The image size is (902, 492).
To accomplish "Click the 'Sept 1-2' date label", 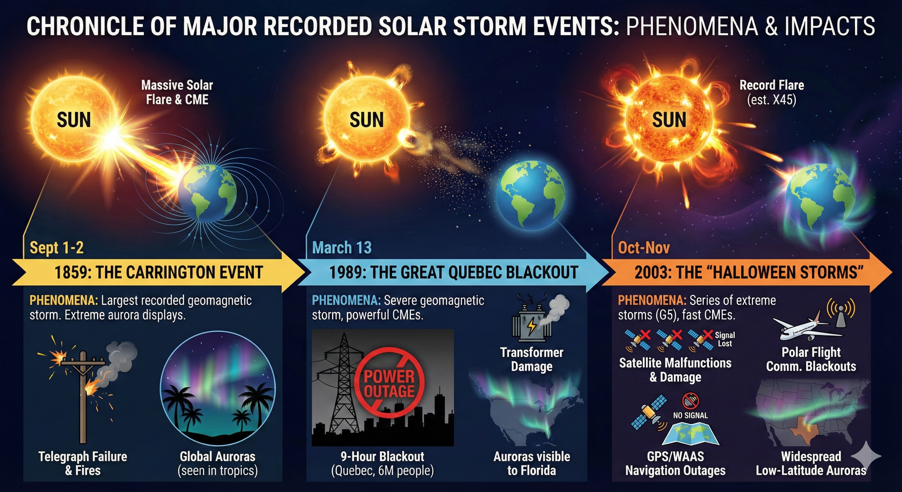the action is [x=57, y=248].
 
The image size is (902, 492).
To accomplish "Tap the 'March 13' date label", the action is [x=342, y=248].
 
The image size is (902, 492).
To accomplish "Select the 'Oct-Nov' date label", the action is [x=644, y=248].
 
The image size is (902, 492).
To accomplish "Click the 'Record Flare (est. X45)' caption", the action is [x=772, y=93].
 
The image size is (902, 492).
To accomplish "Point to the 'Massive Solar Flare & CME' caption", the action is [x=177, y=93].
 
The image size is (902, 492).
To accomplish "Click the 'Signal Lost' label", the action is [x=725, y=339].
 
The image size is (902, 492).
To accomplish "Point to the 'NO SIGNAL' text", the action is [x=690, y=415].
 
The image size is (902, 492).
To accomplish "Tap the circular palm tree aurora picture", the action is [x=217, y=388].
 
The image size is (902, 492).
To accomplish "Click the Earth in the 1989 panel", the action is [x=530, y=194].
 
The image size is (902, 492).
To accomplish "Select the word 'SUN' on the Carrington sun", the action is [x=74, y=120].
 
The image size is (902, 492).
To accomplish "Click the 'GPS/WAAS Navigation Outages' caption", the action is [x=676, y=463].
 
